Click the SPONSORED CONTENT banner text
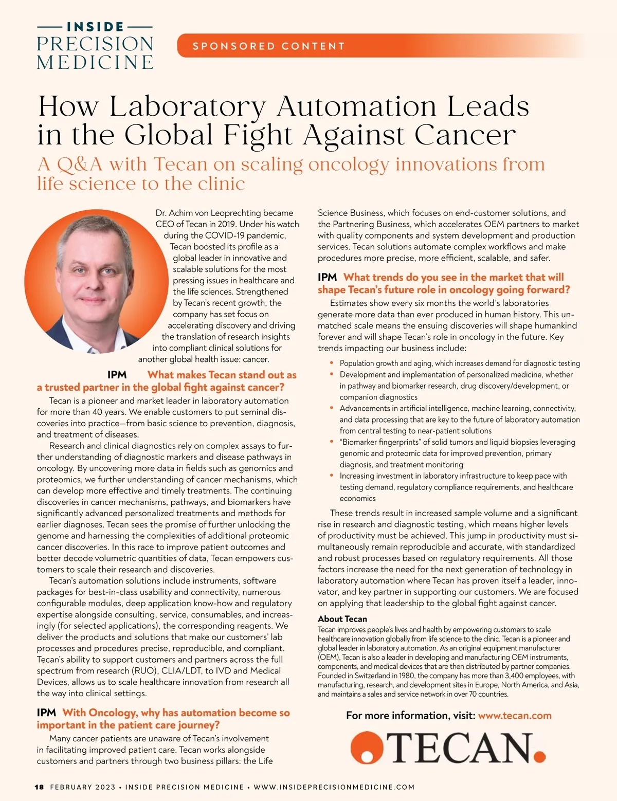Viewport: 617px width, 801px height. coord(268,46)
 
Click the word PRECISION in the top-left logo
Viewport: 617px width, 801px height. coord(95,44)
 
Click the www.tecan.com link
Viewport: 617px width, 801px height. coord(515,716)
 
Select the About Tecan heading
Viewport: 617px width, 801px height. coord(342,619)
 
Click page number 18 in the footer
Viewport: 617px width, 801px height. coord(40,787)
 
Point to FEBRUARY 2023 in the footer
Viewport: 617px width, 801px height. coord(83,787)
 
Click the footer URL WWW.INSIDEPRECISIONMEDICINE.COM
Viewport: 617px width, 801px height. coord(334,787)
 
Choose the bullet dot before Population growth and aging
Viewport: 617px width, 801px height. coord(332,363)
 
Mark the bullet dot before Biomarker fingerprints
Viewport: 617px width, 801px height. coord(332,442)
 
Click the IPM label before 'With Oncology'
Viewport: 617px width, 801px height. coord(46,713)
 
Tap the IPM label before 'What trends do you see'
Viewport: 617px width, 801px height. coord(327,278)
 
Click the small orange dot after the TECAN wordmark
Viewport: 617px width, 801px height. coord(539,756)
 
